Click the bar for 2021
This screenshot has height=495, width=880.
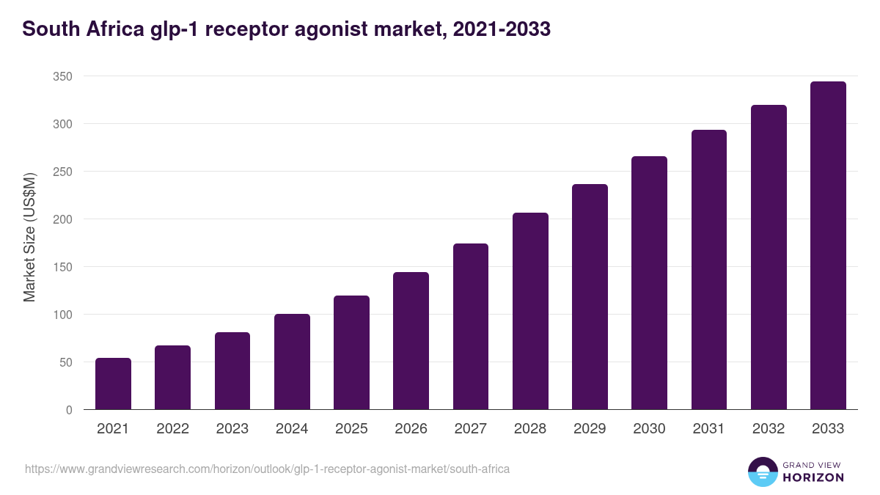[113, 384]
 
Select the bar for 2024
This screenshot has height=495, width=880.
[292, 362]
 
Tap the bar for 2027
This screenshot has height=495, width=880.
[471, 326]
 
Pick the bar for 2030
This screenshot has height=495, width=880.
[650, 283]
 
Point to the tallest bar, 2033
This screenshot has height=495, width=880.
[828, 246]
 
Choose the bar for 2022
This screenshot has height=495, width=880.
[172, 378]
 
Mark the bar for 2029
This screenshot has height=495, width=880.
[590, 297]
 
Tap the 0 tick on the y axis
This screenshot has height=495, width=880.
[69, 410]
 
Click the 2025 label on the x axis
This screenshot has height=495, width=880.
[351, 429]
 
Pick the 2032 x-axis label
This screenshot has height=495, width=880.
[769, 429]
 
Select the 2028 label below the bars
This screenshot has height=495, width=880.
[530, 429]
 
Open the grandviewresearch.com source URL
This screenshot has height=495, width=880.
[267, 469]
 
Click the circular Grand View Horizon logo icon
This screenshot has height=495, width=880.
[762, 472]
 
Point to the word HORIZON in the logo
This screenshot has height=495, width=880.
[813, 477]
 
